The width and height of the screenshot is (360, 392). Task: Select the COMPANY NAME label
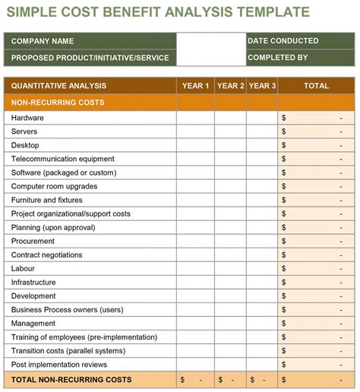tap(43, 41)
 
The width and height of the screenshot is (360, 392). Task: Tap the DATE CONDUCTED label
tap(283, 41)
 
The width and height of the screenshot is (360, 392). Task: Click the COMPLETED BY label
tap(278, 57)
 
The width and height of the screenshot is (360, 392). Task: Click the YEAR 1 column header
tap(195, 86)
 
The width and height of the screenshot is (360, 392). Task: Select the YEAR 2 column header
tap(230, 86)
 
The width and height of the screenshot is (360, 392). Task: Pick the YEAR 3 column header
tap(262, 86)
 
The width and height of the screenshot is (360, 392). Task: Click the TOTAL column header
tap(316, 86)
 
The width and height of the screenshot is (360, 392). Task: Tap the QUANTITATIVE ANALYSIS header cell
tap(58, 86)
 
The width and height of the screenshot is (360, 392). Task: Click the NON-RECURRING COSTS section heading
tap(58, 103)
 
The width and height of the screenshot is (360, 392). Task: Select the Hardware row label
tap(27, 118)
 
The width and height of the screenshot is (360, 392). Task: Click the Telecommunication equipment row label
tap(63, 159)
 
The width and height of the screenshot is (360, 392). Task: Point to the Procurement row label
tap(33, 241)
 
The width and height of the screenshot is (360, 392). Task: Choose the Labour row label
tap(24, 268)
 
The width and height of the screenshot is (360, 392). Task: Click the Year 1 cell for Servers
tap(195, 131)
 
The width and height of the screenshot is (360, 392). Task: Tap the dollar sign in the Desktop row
tap(284, 145)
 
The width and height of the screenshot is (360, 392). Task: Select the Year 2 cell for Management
tap(230, 323)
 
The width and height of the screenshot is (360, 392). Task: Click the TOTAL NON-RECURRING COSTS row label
tap(71, 379)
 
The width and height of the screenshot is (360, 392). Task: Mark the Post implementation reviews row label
tap(59, 364)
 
